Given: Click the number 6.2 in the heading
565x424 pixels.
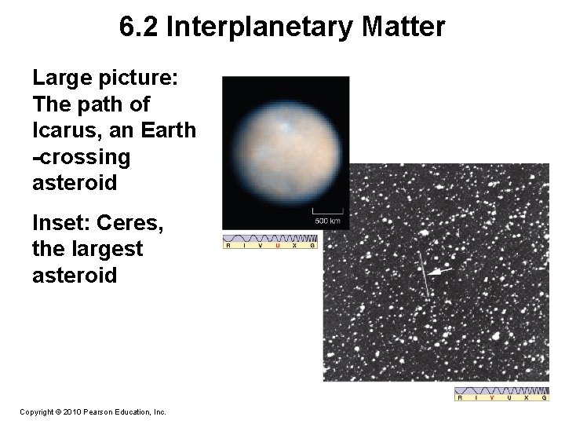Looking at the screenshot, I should (140, 27).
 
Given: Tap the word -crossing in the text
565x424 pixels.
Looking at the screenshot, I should (82, 157).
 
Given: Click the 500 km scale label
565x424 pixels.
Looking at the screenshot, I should (328, 221).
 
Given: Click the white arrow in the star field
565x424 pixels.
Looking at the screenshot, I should (442, 271).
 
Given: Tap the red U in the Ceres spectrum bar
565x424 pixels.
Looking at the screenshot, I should (277, 246).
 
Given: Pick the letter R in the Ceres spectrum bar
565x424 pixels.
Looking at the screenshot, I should (228, 246).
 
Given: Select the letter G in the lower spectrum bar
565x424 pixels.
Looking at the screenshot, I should (544, 398).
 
